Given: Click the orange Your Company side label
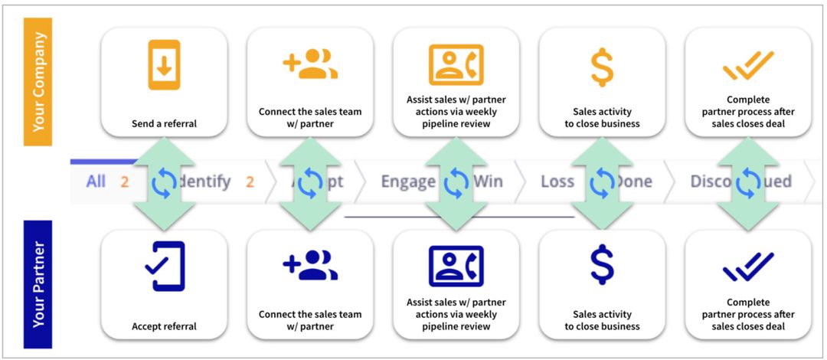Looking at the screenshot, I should coord(38,81).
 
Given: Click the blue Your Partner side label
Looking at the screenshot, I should coord(38,284).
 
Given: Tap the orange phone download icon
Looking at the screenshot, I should coord(164,65).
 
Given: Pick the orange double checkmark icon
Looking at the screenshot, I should coord(748,67).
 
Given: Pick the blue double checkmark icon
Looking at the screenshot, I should coord(748,267).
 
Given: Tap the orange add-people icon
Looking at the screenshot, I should coord(310,65).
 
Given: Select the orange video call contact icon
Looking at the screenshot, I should coord(456,65).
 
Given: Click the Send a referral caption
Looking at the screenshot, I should coord(164,123).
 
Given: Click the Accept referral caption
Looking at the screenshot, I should coord(164,326).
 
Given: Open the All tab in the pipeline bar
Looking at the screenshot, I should coord(96,182).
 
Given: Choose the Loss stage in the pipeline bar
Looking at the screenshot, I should coord(557,182).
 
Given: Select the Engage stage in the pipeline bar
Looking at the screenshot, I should coord(407,182).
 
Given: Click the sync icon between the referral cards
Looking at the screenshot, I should coord(164,182).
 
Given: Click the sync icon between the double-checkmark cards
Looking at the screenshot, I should coord(748,182).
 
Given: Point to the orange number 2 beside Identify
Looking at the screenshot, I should coord(250,182).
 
